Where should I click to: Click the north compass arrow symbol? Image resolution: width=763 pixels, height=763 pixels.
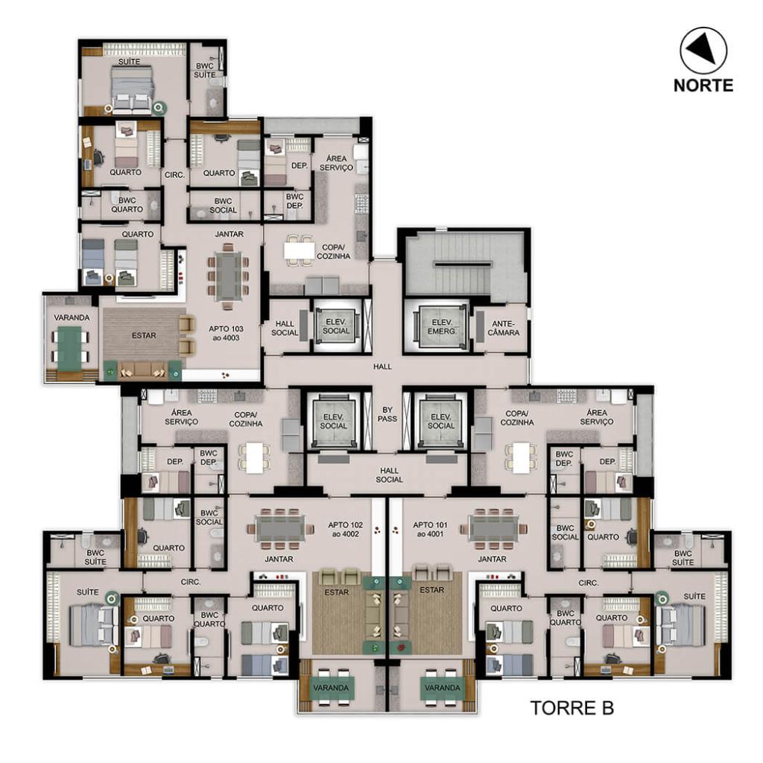click(x=702, y=50)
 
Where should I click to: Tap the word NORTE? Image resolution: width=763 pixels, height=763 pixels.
click(x=703, y=85)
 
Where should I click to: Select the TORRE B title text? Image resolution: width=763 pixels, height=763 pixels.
click(x=572, y=708)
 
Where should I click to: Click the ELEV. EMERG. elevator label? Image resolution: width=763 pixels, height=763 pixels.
click(x=443, y=326)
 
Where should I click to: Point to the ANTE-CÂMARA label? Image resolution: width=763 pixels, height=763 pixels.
click(x=504, y=328)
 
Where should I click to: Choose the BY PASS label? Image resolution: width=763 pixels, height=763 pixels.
click(x=387, y=414)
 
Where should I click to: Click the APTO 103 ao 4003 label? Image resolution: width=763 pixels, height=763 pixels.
click(x=226, y=333)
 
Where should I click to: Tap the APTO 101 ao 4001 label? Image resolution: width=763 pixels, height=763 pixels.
click(x=430, y=530)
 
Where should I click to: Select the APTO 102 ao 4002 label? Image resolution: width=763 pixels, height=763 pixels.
click(x=345, y=530)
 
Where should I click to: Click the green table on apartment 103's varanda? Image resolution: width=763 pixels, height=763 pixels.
click(x=69, y=344)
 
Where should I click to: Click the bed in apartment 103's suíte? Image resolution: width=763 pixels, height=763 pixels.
click(x=133, y=90)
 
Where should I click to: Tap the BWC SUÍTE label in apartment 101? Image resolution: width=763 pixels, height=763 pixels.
click(x=683, y=557)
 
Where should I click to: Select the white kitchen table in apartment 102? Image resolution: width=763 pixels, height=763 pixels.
click(x=255, y=458)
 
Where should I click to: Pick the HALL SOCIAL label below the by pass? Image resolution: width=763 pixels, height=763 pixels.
click(x=389, y=475)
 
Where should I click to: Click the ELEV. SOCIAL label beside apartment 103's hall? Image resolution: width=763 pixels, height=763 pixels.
click(x=336, y=326)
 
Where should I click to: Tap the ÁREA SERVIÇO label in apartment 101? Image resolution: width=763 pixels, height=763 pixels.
click(x=596, y=417)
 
